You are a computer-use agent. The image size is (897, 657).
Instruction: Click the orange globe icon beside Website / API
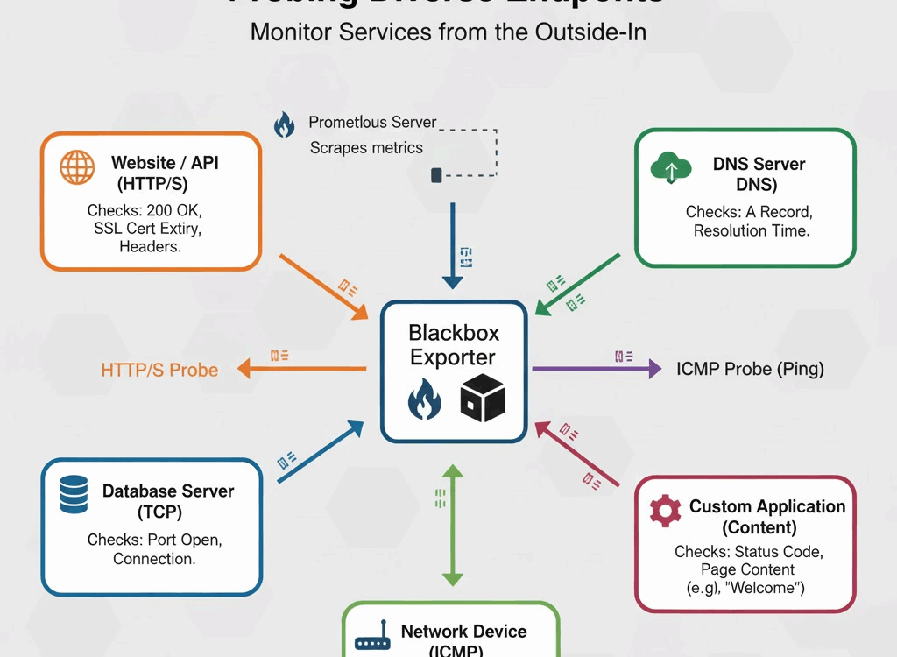[77, 167]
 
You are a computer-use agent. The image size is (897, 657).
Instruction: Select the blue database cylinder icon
[74, 494]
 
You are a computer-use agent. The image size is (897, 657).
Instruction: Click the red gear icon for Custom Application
[666, 510]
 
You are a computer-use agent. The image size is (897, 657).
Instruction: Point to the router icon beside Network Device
[372, 641]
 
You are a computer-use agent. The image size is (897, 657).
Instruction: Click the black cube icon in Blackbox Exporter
[483, 398]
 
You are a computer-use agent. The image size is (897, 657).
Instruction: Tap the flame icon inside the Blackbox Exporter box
[425, 400]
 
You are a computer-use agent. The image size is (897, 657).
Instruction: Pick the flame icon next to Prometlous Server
[285, 124]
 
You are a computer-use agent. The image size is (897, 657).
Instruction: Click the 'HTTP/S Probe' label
[159, 370]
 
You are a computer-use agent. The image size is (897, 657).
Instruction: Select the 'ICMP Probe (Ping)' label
[750, 369]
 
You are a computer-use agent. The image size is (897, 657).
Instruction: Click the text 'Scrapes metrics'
[366, 148]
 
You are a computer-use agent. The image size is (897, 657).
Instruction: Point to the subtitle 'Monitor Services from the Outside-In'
[448, 32]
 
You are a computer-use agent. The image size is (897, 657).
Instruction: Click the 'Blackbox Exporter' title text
[453, 345]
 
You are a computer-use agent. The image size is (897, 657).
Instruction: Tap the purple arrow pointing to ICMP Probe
[596, 369]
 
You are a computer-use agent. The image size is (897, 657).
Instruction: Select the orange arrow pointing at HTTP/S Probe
[302, 369]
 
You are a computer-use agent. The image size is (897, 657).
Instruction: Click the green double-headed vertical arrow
[452, 525]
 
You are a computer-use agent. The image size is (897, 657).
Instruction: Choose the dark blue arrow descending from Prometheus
[452, 245]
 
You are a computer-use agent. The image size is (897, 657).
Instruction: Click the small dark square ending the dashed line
[436, 176]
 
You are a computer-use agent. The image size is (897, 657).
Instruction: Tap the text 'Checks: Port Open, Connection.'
[154, 549]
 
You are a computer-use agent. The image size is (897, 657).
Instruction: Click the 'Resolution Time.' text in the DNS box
[752, 231]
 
